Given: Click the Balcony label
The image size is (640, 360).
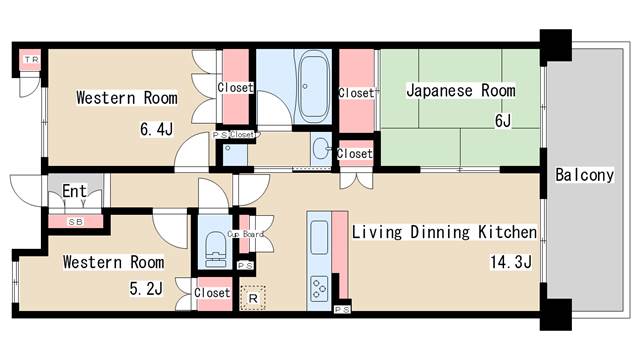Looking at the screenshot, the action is pos(584,175).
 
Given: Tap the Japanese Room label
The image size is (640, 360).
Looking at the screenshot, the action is pos(461,90).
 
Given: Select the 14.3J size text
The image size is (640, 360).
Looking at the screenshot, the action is pos(511,262).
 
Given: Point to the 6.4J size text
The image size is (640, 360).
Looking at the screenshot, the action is pos(156,129).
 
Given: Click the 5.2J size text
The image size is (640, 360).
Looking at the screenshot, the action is pos(146,289).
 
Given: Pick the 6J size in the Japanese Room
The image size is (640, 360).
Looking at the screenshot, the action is pos(503,121).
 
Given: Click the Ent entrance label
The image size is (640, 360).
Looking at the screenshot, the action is pos(74,191).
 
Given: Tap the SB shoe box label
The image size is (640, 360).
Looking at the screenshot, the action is pos(76,222).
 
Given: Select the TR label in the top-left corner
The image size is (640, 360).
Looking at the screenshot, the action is pos(31,60).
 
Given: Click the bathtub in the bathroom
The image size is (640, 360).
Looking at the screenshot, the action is pos(313,86).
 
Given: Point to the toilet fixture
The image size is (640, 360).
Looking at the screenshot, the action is pos(215,249).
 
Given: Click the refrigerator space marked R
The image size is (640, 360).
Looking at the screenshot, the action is pos(253,298).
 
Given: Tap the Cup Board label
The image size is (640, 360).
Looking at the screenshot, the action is pos(245,234).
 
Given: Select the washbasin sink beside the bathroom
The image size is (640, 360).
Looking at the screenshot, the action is pos(321,149).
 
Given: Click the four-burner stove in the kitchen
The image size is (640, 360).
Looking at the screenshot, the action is pos(319,289).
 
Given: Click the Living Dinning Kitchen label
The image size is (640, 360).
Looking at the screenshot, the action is pos(444,232).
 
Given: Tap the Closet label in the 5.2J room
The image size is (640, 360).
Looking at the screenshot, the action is pos(212,293).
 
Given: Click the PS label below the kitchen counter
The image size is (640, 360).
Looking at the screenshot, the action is pos(342,310).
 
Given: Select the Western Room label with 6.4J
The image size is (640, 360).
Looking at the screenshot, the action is pos(127,98).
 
